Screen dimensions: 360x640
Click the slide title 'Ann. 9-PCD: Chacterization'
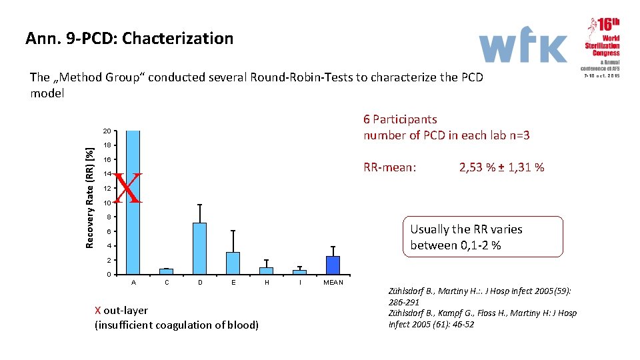129,39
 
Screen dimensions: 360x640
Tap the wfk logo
523,47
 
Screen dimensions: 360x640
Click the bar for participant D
199,248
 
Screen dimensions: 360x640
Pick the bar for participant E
233,263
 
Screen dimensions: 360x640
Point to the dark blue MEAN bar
333,265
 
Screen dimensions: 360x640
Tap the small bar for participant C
167,271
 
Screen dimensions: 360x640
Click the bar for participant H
266,271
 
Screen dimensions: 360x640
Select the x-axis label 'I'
300,283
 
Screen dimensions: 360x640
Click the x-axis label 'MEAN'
333,283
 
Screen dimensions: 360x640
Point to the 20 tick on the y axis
107,131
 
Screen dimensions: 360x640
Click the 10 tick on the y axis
107,203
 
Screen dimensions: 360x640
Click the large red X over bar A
128,188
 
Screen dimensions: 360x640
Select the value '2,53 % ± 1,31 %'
502,167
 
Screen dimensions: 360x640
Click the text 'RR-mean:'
390,167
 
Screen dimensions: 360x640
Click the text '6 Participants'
400,119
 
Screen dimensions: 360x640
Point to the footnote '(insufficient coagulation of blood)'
177,325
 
